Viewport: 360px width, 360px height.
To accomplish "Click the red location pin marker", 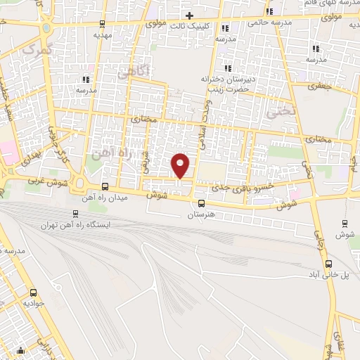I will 181,165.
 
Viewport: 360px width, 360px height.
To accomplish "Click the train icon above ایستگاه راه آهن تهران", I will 75,214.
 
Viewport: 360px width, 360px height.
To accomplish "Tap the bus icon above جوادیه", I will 33,292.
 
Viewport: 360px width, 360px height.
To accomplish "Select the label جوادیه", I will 33,304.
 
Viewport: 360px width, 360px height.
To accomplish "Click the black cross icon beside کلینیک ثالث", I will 189,15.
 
